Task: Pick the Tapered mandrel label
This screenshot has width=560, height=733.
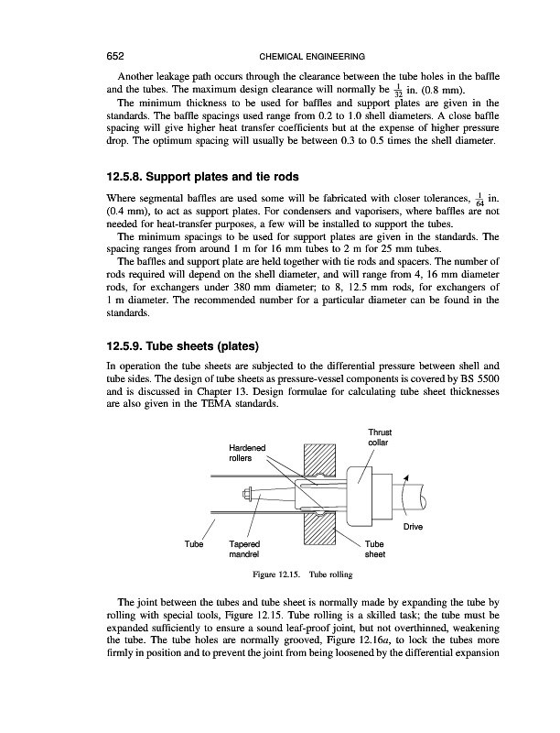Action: point(245,548)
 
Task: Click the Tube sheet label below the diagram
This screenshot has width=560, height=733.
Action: point(376,548)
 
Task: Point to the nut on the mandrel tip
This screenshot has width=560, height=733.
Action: point(248,495)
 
